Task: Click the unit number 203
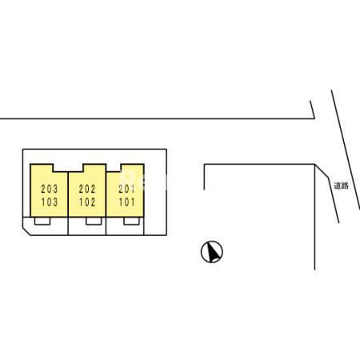click(x=50, y=189)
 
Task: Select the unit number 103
click(x=50, y=202)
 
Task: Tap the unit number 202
click(x=87, y=189)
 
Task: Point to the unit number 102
click(x=87, y=202)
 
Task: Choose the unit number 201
click(x=126, y=189)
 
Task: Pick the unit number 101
click(x=126, y=202)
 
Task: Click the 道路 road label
click(x=342, y=186)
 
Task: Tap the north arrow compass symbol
click(x=212, y=252)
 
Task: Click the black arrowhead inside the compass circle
click(x=214, y=252)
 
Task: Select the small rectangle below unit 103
click(x=42, y=221)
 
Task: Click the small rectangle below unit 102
click(x=94, y=221)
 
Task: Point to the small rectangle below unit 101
click(x=131, y=221)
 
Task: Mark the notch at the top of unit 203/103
click(x=60, y=168)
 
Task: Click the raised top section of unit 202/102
click(x=94, y=168)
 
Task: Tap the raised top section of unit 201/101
click(x=133, y=168)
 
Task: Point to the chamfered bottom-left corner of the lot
click(x=26, y=231)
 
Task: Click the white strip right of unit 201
click(x=155, y=192)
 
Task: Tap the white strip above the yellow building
click(x=94, y=157)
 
